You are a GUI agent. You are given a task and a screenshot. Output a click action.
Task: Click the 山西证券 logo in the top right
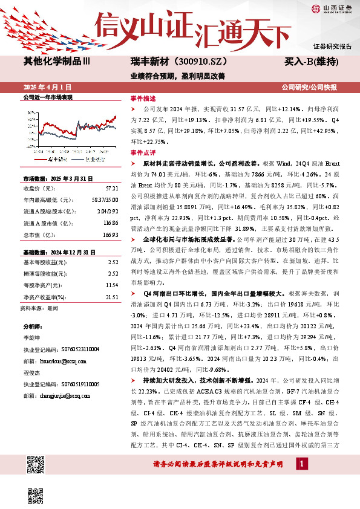coord(332,8)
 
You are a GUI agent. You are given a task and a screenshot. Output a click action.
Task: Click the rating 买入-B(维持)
coord(311,62)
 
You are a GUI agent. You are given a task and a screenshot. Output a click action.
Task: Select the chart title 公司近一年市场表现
coord(48,97)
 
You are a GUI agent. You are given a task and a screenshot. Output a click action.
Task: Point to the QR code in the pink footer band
coord(36,466)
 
